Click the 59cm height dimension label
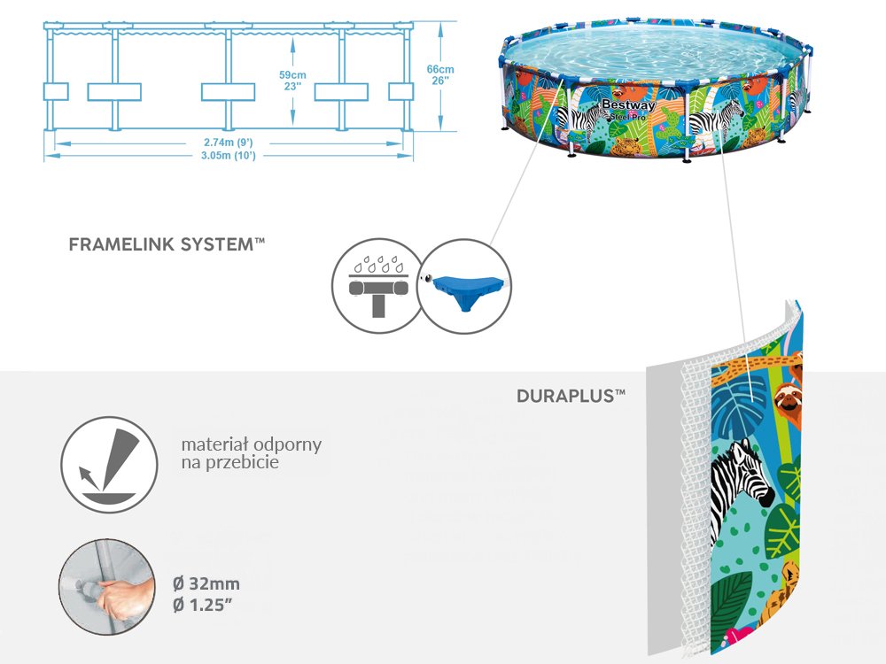(x=292, y=74)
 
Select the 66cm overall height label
(x=440, y=69)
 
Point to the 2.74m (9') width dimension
(x=229, y=143)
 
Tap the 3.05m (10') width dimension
(x=229, y=155)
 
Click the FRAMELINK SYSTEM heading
(x=167, y=244)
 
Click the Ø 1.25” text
(x=205, y=606)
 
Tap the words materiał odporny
(x=251, y=444)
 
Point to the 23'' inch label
(x=292, y=87)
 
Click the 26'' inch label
(x=440, y=81)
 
